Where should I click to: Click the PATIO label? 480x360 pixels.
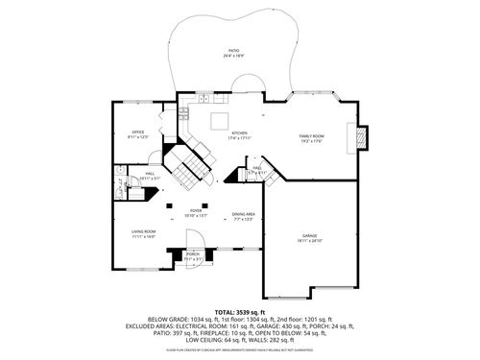tap(233, 50)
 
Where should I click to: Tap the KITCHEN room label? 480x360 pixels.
tap(239, 132)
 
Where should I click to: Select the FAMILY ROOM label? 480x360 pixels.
tap(312, 136)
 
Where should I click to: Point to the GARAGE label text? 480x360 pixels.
tap(309, 235)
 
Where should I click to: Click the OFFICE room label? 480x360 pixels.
tap(138, 132)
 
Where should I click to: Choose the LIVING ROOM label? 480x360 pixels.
tap(143, 230)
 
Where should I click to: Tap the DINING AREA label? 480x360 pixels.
tap(243, 214)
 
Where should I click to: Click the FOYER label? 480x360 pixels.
tap(196, 210)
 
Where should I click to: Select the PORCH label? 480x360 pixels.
tap(193, 253)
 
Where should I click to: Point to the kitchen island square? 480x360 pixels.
tap(220, 120)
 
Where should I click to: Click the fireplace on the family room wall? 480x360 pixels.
tap(361, 137)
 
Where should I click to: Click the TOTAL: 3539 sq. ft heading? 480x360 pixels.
tap(239, 312)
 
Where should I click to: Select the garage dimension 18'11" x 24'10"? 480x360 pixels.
tap(309, 241)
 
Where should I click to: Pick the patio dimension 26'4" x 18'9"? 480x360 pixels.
tap(233, 56)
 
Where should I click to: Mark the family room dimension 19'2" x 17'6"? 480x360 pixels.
tap(312, 142)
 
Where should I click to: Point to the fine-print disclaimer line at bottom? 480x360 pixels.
tap(239, 351)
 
